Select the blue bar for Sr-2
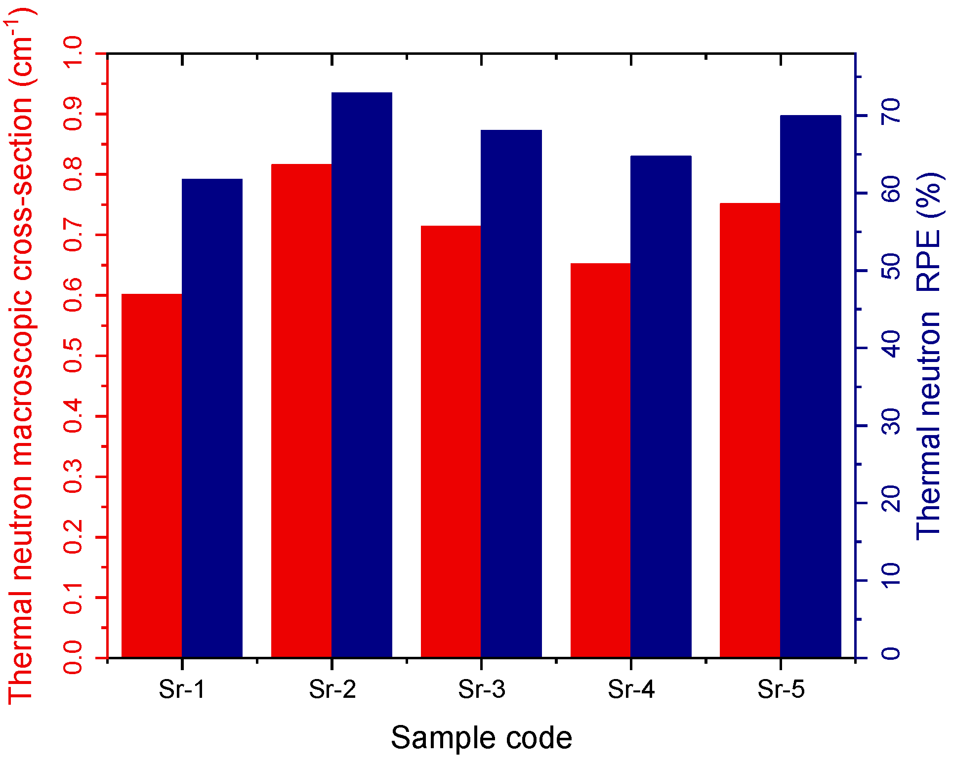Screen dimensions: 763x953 pyautogui.click(x=362, y=375)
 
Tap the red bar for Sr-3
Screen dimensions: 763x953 pyautogui.click(x=451, y=442)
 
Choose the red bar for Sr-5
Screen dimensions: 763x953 pyautogui.click(x=750, y=430)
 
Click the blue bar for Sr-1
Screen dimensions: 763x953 pyautogui.click(x=212, y=418)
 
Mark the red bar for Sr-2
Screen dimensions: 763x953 pyautogui.click(x=301, y=410)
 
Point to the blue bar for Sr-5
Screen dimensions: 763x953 pyautogui.click(x=811, y=386)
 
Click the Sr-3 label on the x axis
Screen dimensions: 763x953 pyautogui.click(x=482, y=689)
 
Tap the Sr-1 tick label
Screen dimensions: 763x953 pyautogui.click(x=182, y=689)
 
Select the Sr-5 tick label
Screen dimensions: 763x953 pyautogui.click(x=781, y=689)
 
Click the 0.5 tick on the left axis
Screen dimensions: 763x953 pyautogui.click(x=73, y=356)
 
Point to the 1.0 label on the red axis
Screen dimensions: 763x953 pyautogui.click(x=73, y=53)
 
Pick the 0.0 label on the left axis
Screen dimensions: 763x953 pyautogui.click(x=73, y=658)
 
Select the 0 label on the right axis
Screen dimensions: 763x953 pyautogui.click(x=891, y=653)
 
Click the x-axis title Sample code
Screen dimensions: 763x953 pyautogui.click(x=482, y=738)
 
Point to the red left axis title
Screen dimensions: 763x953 pyautogui.click(x=21, y=356)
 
